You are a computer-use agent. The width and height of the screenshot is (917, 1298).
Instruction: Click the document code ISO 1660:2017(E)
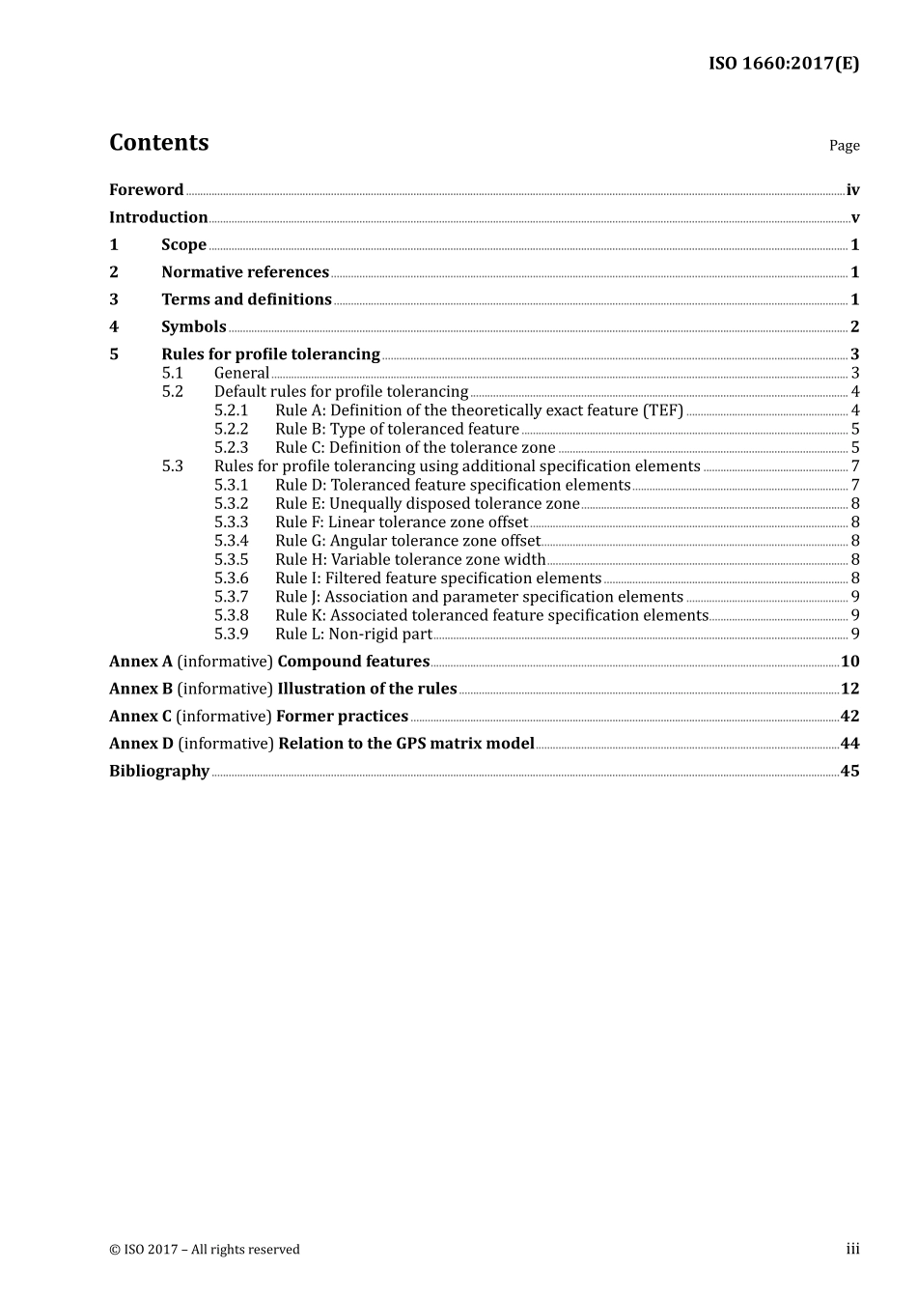pyautogui.click(x=783, y=64)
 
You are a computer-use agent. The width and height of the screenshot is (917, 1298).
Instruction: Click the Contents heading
pyautogui.click(x=158, y=143)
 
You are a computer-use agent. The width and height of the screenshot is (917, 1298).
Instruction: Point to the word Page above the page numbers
pyautogui.click(x=844, y=146)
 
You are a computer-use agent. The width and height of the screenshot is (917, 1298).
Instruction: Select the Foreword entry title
pyautogui.click(x=146, y=190)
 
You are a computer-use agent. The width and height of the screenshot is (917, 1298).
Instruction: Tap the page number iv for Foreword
pyautogui.click(x=852, y=190)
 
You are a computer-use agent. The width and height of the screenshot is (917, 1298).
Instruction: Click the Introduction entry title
pyautogui.click(x=158, y=217)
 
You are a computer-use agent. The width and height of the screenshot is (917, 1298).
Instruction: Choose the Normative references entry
pyautogui.click(x=245, y=272)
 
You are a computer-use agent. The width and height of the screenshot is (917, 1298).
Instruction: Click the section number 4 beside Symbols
pyautogui.click(x=114, y=327)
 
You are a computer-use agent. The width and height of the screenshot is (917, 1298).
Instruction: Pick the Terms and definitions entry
pyautogui.click(x=246, y=299)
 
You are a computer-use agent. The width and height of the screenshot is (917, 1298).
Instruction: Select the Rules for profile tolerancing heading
pyautogui.click(x=270, y=354)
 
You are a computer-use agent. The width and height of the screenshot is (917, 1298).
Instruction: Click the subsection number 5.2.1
pyautogui.click(x=231, y=410)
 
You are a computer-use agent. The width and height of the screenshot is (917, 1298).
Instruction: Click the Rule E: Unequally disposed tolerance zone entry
pyautogui.click(x=427, y=504)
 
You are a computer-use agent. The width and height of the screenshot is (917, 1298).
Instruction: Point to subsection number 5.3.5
pyautogui.click(x=231, y=560)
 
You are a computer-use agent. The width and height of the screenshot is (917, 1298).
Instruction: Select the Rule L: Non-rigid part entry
pyautogui.click(x=353, y=635)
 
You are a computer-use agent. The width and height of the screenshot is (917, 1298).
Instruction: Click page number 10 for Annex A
pyautogui.click(x=849, y=662)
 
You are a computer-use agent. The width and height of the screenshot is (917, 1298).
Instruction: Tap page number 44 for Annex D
pyautogui.click(x=849, y=744)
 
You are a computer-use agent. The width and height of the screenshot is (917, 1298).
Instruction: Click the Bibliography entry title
pyautogui.click(x=159, y=771)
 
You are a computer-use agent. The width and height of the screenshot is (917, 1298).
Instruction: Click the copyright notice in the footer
pyautogui.click(x=205, y=1250)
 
